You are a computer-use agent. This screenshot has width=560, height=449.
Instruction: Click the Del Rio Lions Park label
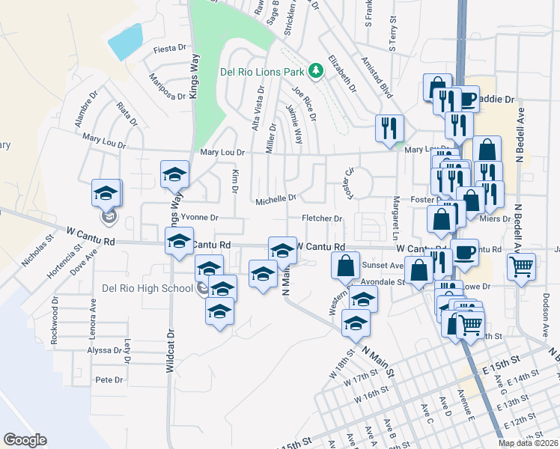(262, 72)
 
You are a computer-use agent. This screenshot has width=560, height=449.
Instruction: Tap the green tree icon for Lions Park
(316, 70)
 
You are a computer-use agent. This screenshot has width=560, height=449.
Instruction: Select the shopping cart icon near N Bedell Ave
(521, 266)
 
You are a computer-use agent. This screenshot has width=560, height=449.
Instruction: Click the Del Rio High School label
(147, 289)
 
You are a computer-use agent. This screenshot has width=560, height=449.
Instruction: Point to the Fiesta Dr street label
(169, 48)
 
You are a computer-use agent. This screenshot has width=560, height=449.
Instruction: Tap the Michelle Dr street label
(276, 200)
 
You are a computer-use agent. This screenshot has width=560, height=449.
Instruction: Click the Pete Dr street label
(109, 380)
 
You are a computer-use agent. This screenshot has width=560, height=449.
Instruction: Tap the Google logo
(25, 440)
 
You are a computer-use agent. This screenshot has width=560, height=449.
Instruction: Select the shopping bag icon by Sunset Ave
(344, 265)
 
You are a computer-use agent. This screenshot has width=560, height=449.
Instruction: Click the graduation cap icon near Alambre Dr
(106, 192)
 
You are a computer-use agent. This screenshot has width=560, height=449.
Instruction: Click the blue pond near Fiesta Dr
(125, 42)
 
